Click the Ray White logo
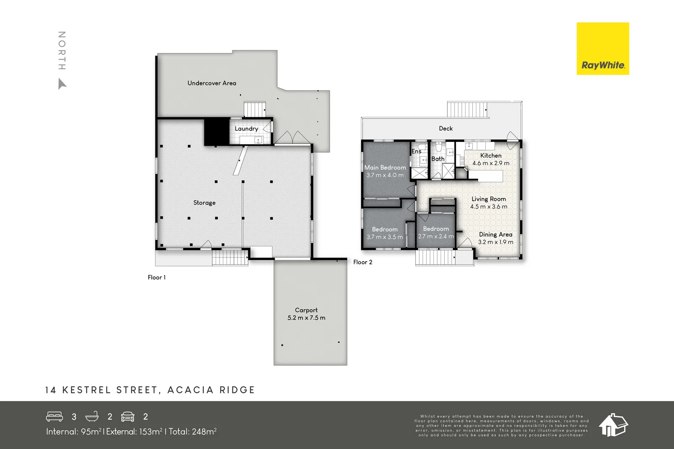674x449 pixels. coord(602,49)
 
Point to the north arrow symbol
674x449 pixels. coord(62,84)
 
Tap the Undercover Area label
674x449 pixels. coord(211,83)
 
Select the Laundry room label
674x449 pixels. coord(246,129)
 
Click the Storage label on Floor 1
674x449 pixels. coord(204,203)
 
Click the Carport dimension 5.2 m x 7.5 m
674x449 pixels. coord(306,318)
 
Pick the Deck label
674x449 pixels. coord(446,129)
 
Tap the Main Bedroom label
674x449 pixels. coord(385,167)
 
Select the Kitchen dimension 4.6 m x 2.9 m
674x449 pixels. coord(491,163)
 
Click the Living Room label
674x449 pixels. coord(489,199)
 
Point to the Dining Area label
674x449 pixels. coord(495,234)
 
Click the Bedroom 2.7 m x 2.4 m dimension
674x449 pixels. coord(436,236)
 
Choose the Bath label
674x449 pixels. coord(438,159)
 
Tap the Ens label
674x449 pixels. coord(416,151)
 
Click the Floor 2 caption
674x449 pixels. coord(363,262)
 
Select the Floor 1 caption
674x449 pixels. coord(157,277)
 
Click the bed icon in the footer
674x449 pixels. coord(54,417)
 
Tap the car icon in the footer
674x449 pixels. coord(128,417)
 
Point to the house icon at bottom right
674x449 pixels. coord(613,425)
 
